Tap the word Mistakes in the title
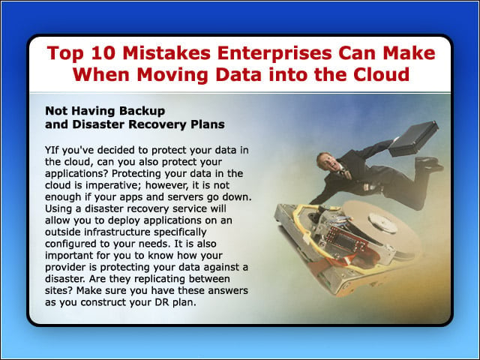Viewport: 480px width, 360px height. (166, 52)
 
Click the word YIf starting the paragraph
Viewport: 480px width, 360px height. (52, 150)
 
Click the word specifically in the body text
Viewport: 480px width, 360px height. (180, 232)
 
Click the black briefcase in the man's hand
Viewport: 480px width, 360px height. (413, 139)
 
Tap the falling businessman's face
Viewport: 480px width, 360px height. (326, 161)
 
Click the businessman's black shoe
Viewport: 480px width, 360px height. (430, 163)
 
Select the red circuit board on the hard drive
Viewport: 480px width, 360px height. (346, 239)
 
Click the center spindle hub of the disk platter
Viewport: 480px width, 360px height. (382, 223)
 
